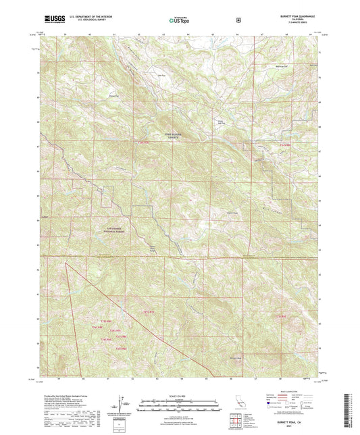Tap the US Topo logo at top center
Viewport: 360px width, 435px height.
179,20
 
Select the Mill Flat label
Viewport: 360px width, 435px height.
161,76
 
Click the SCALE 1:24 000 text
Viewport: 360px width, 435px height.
179,396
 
